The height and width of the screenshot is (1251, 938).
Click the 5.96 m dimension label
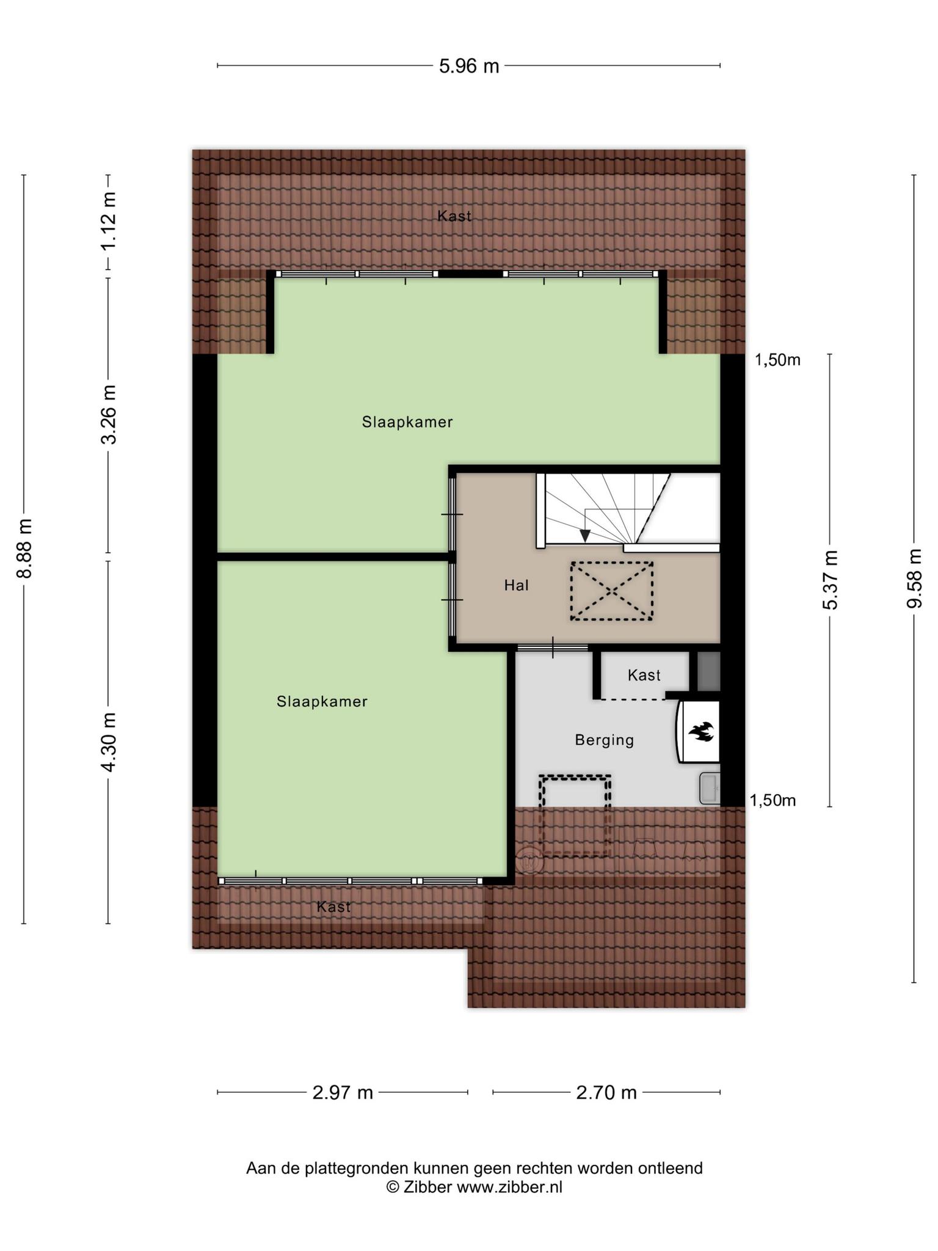click(x=469, y=66)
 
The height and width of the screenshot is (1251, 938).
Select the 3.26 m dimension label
click(x=109, y=415)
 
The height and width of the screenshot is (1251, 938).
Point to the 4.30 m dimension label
click(x=109, y=742)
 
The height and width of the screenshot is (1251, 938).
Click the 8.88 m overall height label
click(x=24, y=548)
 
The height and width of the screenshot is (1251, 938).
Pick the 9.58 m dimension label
click(x=914, y=578)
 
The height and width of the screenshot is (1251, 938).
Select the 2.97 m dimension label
click(x=343, y=1092)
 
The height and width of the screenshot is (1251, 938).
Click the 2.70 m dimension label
click(x=606, y=1092)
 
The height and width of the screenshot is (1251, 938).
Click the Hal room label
click(x=516, y=585)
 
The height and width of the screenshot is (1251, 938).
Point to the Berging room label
click(x=605, y=740)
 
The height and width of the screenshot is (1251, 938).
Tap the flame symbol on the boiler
click(x=700, y=731)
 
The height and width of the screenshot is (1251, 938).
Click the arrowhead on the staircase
click(x=584, y=536)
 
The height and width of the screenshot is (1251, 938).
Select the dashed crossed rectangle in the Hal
click(x=611, y=591)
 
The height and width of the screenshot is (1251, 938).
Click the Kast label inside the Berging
click(x=644, y=675)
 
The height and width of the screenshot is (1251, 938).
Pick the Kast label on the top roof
click(x=454, y=216)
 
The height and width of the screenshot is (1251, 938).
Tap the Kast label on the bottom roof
click(x=333, y=906)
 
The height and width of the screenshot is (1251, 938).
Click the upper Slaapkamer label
click(x=407, y=422)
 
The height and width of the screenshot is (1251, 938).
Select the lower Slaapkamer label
click(x=322, y=701)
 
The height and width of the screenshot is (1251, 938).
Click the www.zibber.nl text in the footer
click(x=509, y=1187)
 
